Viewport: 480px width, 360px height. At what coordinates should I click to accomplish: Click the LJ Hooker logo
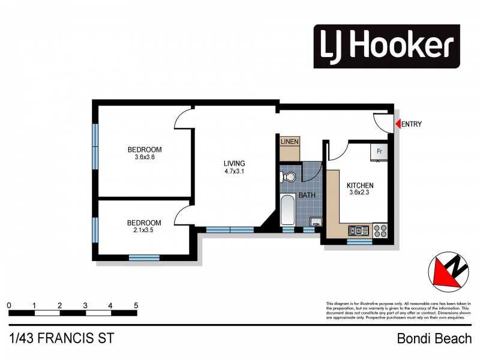(x=386, y=46)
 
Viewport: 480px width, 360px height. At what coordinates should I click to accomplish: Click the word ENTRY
(x=411, y=125)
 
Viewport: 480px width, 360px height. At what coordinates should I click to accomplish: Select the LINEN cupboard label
(x=290, y=142)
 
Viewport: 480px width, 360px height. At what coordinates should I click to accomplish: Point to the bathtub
(x=287, y=210)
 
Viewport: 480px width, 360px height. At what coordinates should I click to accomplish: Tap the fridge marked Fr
(x=379, y=152)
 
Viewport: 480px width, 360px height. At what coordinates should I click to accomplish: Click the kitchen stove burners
(x=380, y=230)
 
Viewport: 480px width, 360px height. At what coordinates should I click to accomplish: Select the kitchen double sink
(x=359, y=230)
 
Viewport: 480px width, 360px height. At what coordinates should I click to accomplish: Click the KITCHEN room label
(x=360, y=186)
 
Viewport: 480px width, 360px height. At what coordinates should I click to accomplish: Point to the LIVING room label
(x=234, y=163)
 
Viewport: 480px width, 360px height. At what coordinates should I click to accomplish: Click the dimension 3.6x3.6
(x=145, y=158)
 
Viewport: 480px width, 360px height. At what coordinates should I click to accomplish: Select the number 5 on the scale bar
(x=136, y=306)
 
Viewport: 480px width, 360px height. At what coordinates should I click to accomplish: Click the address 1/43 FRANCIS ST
(x=61, y=338)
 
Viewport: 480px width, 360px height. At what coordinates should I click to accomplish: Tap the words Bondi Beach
(x=434, y=339)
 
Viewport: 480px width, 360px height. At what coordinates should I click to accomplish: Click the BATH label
(x=307, y=196)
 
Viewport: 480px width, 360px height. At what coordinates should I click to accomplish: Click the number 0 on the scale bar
(x=9, y=306)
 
